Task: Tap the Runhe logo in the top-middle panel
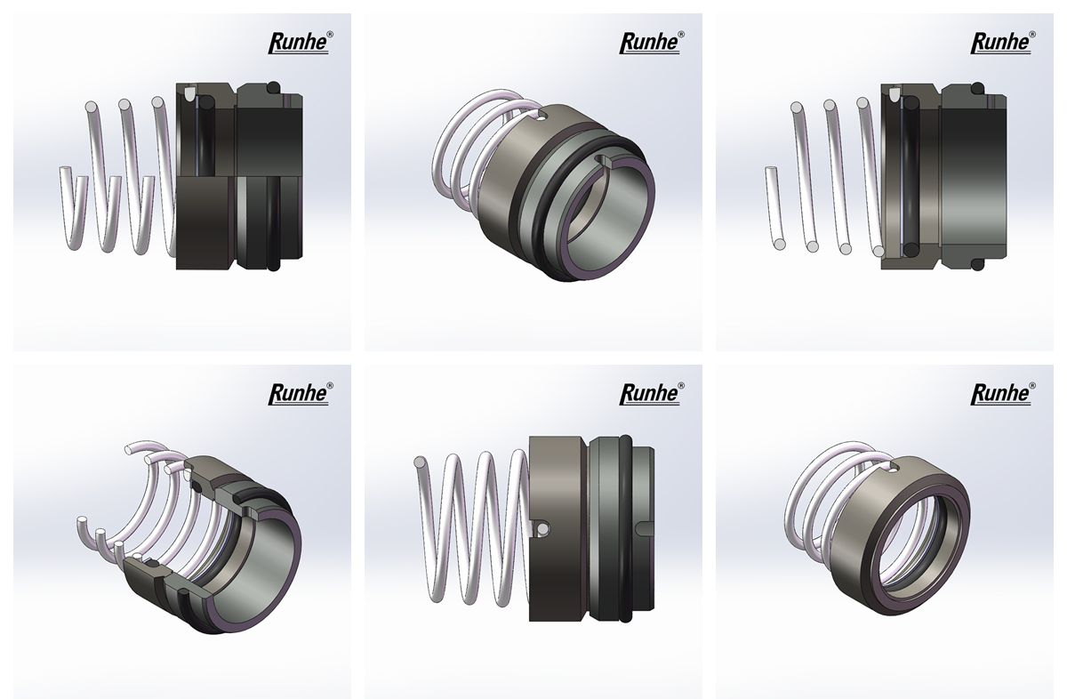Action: click(x=652, y=43)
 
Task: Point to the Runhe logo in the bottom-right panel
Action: click(x=1003, y=394)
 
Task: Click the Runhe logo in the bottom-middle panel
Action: click(x=652, y=394)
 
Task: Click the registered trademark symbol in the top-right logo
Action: click(x=1031, y=35)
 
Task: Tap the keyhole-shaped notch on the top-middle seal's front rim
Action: click(x=602, y=161)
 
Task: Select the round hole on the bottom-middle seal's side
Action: click(x=542, y=528)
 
